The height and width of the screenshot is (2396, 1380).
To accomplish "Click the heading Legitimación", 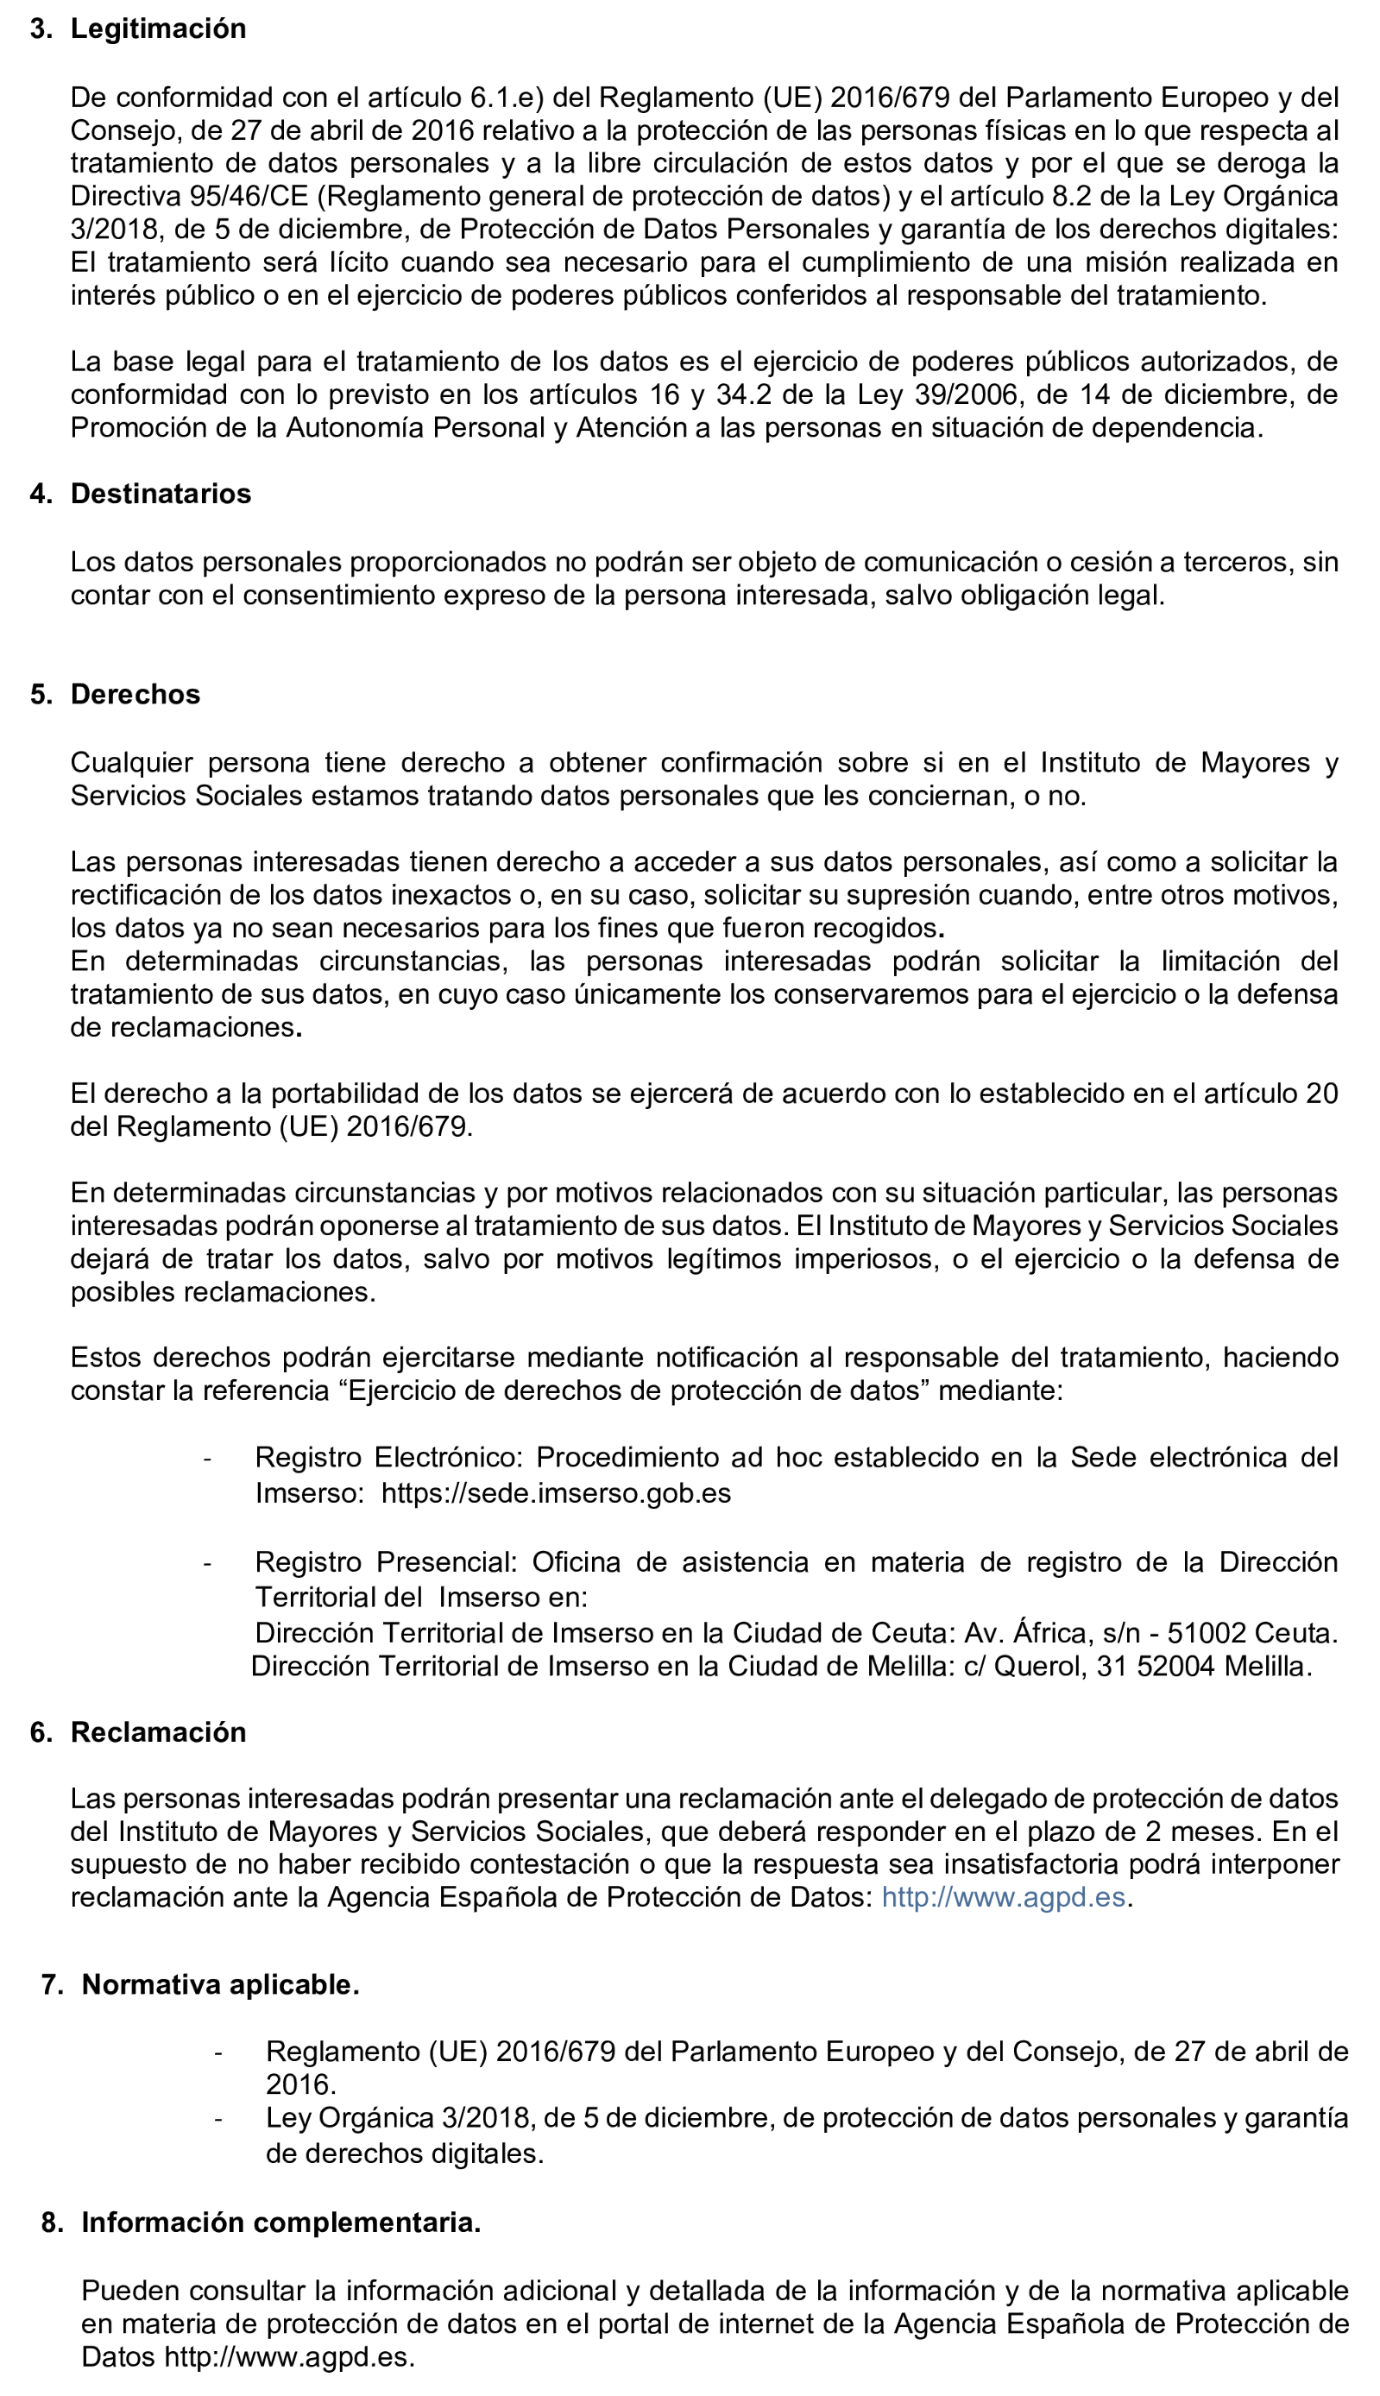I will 157,28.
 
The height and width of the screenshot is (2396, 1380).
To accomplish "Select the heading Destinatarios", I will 161,494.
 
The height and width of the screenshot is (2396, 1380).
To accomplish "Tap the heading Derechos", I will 135,694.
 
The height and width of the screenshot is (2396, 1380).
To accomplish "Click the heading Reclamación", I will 158,1731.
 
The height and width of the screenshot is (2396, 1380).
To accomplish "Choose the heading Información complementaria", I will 280,2222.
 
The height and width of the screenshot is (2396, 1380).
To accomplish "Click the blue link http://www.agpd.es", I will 1003,1895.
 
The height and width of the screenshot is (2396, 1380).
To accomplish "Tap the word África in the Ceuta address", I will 1052,1632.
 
